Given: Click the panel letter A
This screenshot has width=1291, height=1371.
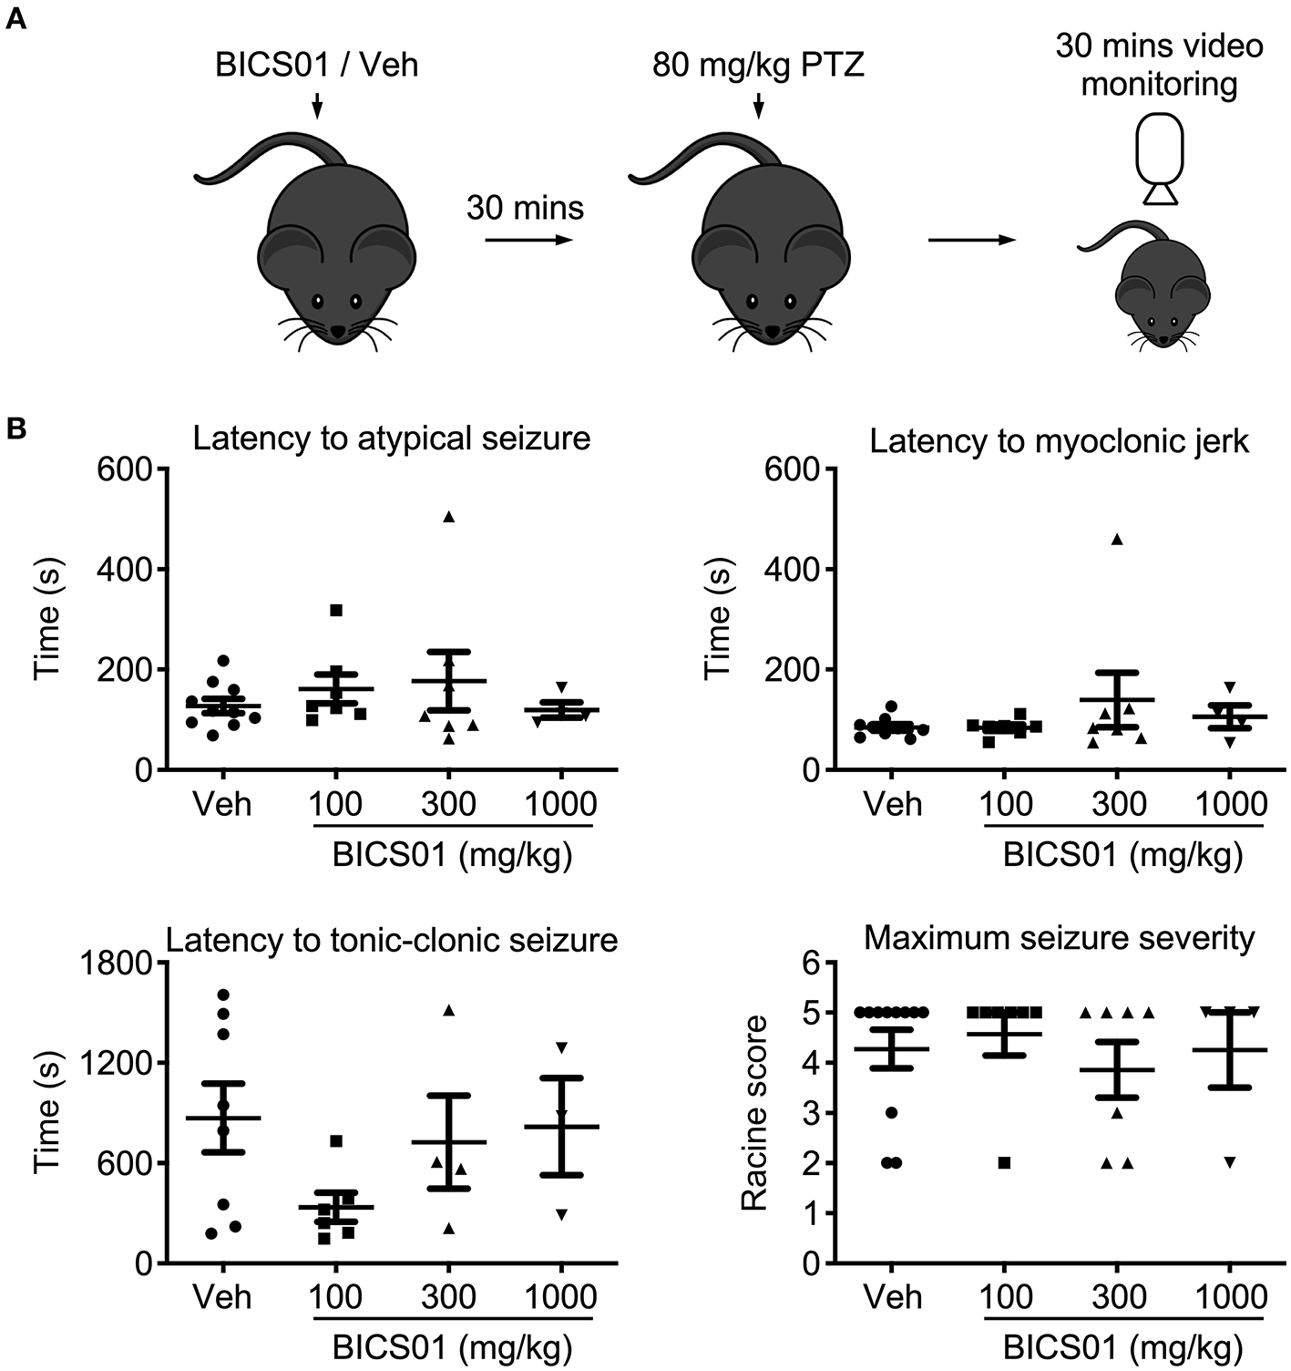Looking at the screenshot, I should pyautogui.click(x=16, y=19).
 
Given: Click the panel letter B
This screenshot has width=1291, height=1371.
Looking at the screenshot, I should pyautogui.click(x=16, y=429).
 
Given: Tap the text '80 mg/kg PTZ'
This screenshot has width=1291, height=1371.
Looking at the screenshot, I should pyautogui.click(x=758, y=66).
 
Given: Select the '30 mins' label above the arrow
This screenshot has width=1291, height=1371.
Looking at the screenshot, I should pyautogui.click(x=525, y=208).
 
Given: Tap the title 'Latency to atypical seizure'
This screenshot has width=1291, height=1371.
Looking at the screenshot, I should pyautogui.click(x=392, y=438).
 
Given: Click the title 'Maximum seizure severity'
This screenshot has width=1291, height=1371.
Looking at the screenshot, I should pyautogui.click(x=1060, y=937).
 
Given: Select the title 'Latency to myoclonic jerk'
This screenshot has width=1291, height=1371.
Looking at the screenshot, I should pyautogui.click(x=1060, y=441).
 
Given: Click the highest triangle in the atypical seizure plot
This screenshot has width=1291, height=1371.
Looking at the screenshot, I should pyautogui.click(x=448, y=517).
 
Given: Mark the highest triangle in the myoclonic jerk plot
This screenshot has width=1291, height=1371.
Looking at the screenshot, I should pyautogui.click(x=1117, y=539).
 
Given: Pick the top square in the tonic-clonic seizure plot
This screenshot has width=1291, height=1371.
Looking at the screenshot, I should pyautogui.click(x=336, y=1140).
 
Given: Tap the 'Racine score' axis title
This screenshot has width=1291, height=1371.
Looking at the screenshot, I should pyautogui.click(x=755, y=1113).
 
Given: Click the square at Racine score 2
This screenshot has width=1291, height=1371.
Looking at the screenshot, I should pyautogui.click(x=1004, y=1162).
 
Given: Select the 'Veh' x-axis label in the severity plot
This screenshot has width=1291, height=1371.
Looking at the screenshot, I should pyautogui.click(x=894, y=1297).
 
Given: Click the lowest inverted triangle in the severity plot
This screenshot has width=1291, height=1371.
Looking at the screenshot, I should pyautogui.click(x=1230, y=1162).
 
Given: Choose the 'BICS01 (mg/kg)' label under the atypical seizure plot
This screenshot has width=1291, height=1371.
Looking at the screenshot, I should pyautogui.click(x=452, y=856).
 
